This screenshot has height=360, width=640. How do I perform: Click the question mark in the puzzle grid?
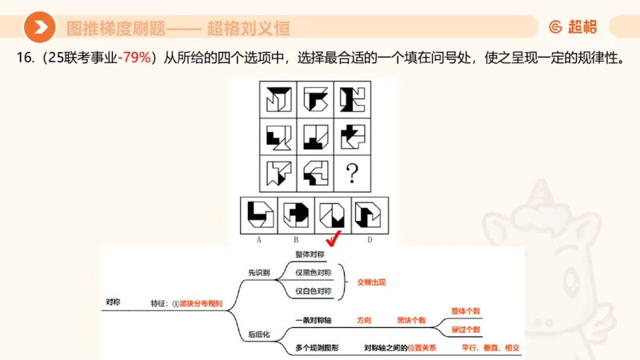(x=350, y=171)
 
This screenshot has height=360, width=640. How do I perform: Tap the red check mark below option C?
(x=333, y=239)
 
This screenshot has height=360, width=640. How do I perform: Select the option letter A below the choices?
(x=260, y=239)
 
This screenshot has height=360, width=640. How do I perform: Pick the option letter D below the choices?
(x=369, y=239)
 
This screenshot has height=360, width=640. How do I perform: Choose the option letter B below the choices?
(x=296, y=239)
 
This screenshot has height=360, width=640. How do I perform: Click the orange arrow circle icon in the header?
(x=38, y=27)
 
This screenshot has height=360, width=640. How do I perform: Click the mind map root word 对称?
(x=114, y=302)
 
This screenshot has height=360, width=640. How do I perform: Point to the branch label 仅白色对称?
(x=314, y=291)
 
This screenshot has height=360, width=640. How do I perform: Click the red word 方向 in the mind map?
(x=364, y=320)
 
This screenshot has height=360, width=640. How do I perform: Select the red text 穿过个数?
(x=466, y=329)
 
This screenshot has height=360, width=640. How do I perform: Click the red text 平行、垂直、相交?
(x=490, y=347)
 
